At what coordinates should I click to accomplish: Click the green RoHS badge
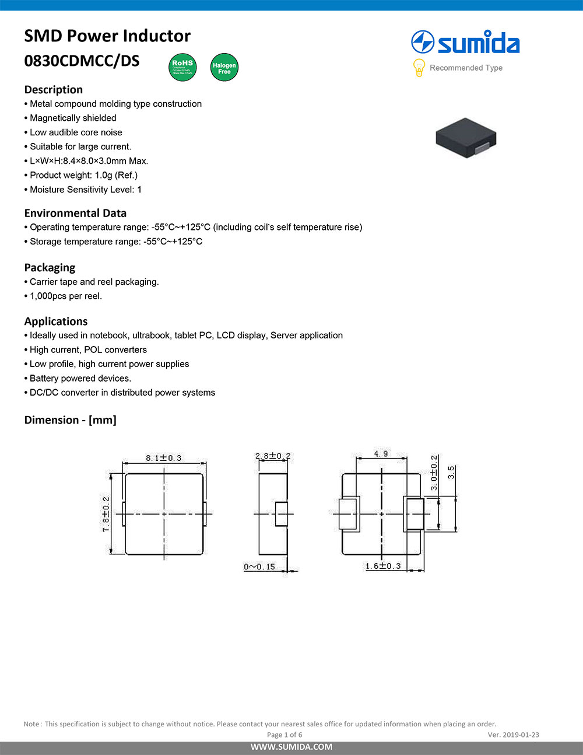(182, 67)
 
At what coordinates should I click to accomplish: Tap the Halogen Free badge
(224, 68)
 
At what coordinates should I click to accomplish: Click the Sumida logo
(465, 43)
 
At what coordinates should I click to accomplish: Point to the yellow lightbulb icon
(419, 68)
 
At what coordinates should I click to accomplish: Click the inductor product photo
(466, 137)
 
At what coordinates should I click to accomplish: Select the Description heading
(54, 89)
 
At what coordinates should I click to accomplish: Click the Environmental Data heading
(75, 213)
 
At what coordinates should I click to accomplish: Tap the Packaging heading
(50, 267)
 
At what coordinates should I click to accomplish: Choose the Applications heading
(56, 321)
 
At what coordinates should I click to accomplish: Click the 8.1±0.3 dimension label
(164, 458)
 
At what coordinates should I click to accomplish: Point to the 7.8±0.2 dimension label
(106, 514)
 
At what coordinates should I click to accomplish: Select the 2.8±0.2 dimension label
(273, 456)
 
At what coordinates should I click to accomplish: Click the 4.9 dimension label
(381, 453)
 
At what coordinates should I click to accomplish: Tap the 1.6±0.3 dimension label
(383, 566)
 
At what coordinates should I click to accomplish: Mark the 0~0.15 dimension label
(259, 567)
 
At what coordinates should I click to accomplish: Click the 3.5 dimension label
(451, 472)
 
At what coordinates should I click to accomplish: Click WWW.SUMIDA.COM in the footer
(291, 747)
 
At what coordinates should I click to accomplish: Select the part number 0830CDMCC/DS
(82, 61)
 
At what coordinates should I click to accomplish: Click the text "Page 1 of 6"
(285, 735)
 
